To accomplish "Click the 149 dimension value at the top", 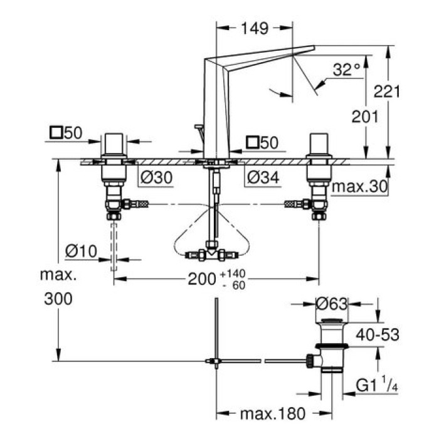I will pos(254,28).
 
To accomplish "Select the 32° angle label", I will pos(347,70).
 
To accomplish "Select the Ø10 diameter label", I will pos(81,251).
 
